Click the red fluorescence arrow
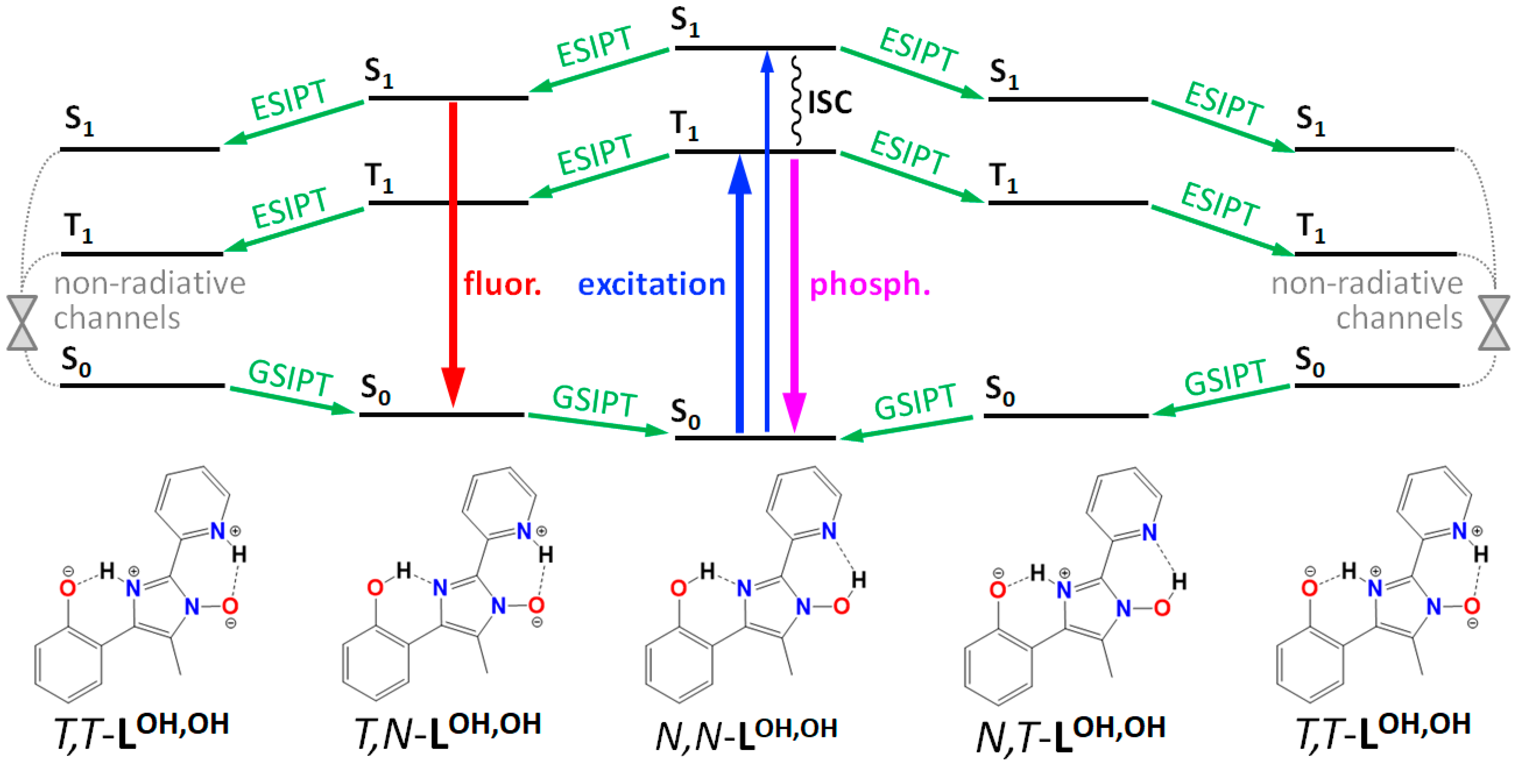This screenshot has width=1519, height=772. click(x=453, y=247)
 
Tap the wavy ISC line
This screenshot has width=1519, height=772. click(x=796, y=100)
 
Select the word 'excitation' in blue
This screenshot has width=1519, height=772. click(x=651, y=285)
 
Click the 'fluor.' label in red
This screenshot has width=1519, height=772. click(x=502, y=285)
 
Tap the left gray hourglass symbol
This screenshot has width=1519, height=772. click(x=22, y=323)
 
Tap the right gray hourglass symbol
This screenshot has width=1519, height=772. click(x=1494, y=323)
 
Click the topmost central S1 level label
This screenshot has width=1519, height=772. click(x=685, y=23)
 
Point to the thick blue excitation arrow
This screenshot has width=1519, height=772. click(x=739, y=295)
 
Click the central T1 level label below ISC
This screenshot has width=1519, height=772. click(x=684, y=125)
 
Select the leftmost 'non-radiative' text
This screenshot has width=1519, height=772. click(x=149, y=284)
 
